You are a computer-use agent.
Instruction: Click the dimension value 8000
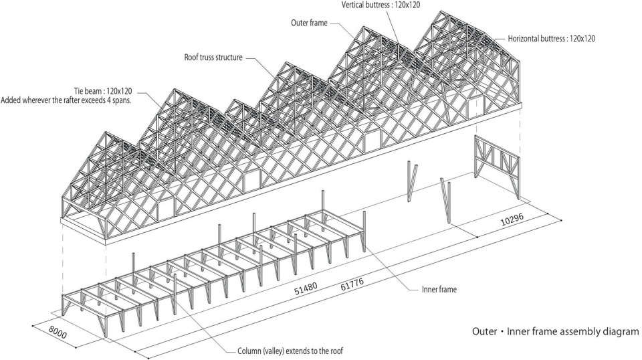pos(58,332)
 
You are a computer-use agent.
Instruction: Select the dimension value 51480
pos(306,289)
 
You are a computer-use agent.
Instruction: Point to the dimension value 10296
pos(512,220)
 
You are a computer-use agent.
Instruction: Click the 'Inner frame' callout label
pos(439,290)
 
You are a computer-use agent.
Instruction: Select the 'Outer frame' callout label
pos(309,23)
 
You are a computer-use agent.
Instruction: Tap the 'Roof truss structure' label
pos(213,58)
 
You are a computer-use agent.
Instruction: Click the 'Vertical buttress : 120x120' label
pos(381,5)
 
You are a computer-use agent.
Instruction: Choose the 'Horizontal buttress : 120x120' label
pos(552,39)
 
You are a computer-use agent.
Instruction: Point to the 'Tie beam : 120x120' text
pos(103,91)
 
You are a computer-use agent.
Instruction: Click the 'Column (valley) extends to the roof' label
pos(290,351)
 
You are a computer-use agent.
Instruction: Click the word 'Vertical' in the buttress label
pos(354,5)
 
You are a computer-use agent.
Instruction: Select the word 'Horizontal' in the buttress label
pos(524,39)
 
